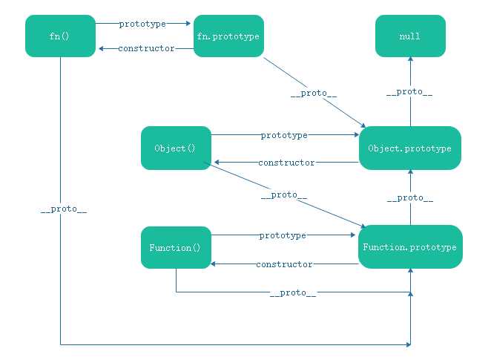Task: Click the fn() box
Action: pos(60,36)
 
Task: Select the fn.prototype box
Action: pos(228,36)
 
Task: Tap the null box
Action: pos(410,36)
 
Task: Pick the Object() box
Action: pos(176,148)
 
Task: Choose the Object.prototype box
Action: pos(410,148)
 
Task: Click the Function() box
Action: pos(176,247)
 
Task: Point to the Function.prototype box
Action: pos(410,247)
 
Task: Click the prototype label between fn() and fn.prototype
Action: pos(142,24)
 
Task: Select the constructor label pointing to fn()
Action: pos(146,48)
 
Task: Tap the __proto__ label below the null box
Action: pos(409,92)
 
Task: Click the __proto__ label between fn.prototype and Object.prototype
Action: pos(314,94)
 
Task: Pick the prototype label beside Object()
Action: pos(284,135)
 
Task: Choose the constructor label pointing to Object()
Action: pos(286,163)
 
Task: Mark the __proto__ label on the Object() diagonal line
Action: pos(284,195)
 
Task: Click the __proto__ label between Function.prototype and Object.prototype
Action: pos(410,198)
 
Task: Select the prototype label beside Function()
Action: pos(283,235)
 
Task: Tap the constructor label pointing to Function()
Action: pos(284,264)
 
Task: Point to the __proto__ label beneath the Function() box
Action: pos(293,293)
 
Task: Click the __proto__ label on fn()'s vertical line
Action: pos(64,209)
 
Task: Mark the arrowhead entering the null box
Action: pos(410,59)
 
